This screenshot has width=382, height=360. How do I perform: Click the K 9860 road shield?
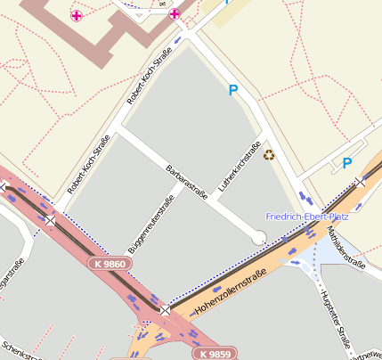coord(109,265)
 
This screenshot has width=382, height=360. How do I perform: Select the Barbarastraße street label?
coord(187,182)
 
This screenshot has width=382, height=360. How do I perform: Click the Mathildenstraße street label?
coord(347,247)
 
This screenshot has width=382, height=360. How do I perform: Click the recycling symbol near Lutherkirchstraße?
coord(269,155)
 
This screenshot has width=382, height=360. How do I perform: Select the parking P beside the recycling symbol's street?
coord(234,90)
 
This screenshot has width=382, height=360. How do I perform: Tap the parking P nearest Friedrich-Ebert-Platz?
coord(347,163)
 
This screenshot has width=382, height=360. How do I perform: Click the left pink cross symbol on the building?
coord(77,15)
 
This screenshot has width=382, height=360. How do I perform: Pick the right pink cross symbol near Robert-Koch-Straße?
coord(175,13)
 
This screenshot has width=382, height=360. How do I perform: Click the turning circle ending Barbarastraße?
coord(259,237)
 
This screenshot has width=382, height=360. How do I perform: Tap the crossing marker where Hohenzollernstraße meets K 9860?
coord(165,310)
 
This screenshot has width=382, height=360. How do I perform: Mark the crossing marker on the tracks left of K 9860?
coord(52,219)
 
